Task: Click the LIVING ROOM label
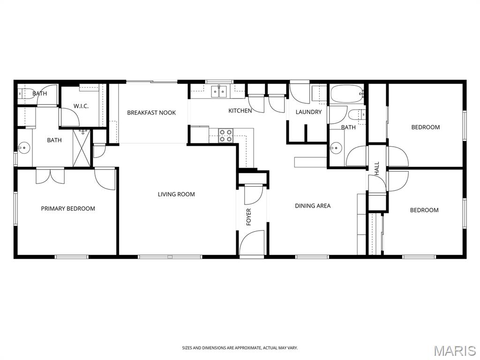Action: (176, 194)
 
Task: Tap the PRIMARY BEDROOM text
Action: (68, 209)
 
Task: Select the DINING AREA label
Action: (313, 206)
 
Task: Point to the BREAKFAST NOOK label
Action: (151, 113)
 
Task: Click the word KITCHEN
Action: (240, 111)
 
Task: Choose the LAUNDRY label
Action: (308, 112)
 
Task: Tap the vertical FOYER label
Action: (249, 217)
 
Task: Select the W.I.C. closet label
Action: (81, 106)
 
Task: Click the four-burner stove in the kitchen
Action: (225, 135)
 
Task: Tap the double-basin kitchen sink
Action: (219, 91)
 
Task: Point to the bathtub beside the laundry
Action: (347, 94)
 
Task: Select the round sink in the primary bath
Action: (23, 148)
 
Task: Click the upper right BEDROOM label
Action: (425, 127)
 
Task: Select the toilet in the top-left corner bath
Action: (24, 93)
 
